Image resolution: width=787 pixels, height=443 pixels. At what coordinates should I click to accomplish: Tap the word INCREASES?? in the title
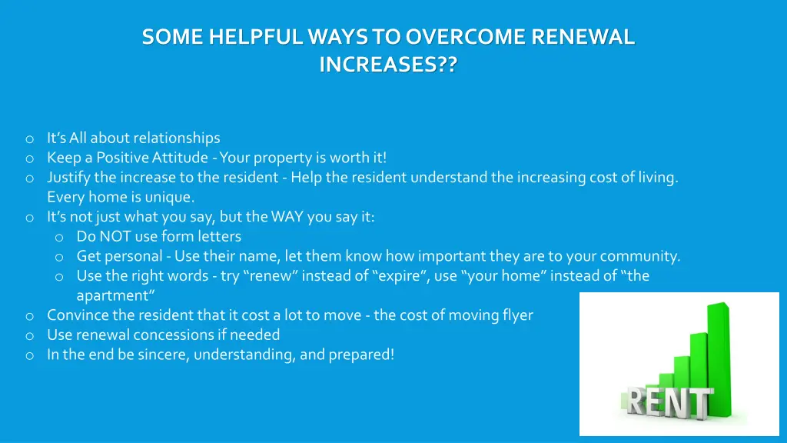[387, 65]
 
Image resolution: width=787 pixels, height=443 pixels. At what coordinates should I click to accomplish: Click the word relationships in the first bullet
[176, 138]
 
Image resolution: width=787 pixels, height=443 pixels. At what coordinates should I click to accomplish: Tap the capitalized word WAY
[287, 217]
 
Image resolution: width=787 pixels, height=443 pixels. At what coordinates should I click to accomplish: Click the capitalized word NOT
[115, 236]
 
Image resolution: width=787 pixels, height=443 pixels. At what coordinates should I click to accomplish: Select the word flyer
[515, 315]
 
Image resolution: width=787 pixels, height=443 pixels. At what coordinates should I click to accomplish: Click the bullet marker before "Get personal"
[58, 257]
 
